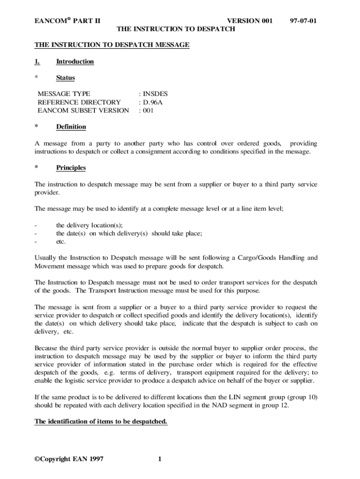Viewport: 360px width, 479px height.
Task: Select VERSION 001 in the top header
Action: [249, 21]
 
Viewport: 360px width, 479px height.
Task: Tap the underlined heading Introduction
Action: [75, 61]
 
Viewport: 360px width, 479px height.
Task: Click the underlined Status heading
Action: [65, 78]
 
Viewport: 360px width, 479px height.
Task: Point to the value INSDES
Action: [155, 94]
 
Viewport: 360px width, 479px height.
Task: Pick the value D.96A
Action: [153, 102]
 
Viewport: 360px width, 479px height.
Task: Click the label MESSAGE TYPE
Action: [64, 94]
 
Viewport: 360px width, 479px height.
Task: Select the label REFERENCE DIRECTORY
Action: [79, 102]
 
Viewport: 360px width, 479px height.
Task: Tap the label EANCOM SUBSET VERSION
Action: [83, 110]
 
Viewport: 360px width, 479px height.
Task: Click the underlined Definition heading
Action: [71, 127]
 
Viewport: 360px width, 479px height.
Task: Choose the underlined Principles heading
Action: [71, 167]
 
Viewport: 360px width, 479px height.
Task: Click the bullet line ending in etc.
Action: [61, 241]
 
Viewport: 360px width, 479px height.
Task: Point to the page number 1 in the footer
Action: [159, 458]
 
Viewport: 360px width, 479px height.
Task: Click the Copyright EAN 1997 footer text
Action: [69, 458]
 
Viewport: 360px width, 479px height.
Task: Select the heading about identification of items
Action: [101, 421]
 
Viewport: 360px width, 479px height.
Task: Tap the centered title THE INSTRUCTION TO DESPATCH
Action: [175, 29]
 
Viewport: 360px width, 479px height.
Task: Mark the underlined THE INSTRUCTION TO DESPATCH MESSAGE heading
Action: [112, 45]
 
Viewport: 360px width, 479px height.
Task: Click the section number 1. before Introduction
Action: [37, 61]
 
